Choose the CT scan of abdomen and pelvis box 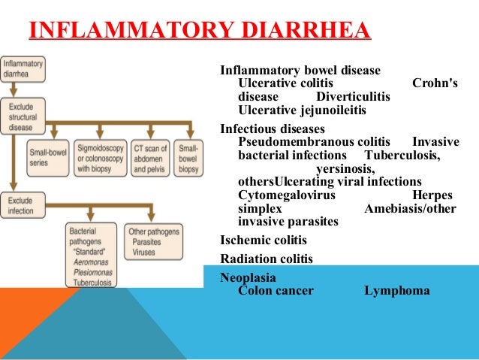tap(150, 159)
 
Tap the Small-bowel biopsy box tap(188, 159)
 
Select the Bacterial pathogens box tap(90, 256)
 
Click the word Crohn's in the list tap(435, 83)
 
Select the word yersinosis tap(345, 168)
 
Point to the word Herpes tap(439, 195)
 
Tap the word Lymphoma tap(397, 290)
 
